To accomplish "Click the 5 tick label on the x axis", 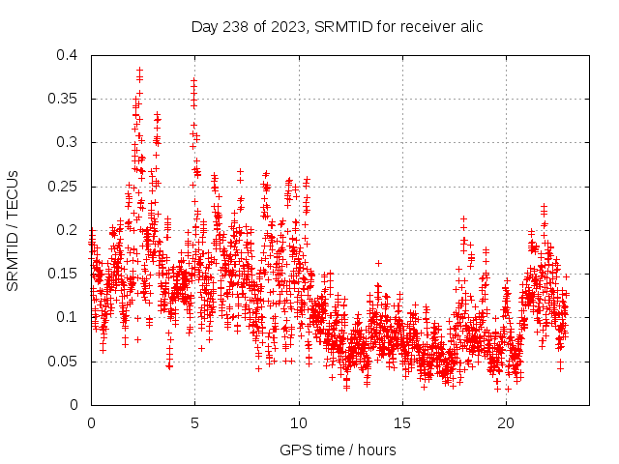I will pos(194,423).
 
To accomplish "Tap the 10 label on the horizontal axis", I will pos(299,423).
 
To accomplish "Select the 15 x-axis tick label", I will pos(402,423).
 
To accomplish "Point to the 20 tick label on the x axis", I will pos(506,423).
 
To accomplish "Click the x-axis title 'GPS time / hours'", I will pos(338,449).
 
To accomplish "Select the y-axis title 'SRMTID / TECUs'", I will pos(14,230).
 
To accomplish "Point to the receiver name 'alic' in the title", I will pos(470,26).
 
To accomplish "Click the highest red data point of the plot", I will pos(139,70).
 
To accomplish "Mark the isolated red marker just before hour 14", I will pos(378,263).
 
